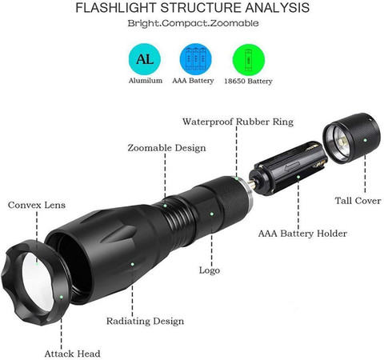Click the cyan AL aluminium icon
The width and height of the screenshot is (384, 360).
(145, 59)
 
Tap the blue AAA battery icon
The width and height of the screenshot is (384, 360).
(196, 59)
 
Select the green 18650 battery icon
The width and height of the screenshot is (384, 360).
(249, 60)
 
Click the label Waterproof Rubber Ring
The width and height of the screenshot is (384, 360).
(238, 122)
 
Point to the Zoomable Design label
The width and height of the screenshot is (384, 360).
(166, 148)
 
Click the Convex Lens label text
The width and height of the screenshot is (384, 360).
(37, 205)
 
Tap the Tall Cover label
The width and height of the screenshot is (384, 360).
(358, 201)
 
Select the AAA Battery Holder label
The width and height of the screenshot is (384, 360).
(302, 234)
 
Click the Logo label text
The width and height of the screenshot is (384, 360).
(210, 270)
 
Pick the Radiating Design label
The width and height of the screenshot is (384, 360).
(145, 321)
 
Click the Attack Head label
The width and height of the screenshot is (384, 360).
(72, 354)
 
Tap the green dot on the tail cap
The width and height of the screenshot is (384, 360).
(365, 140)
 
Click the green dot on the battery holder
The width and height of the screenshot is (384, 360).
(298, 177)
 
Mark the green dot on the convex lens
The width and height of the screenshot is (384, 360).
(37, 264)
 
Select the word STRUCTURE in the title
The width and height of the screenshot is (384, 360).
(202, 8)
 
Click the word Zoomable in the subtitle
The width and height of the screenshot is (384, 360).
(234, 23)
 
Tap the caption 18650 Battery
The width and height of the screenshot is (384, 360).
(248, 81)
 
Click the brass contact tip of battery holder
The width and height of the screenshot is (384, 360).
(251, 183)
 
